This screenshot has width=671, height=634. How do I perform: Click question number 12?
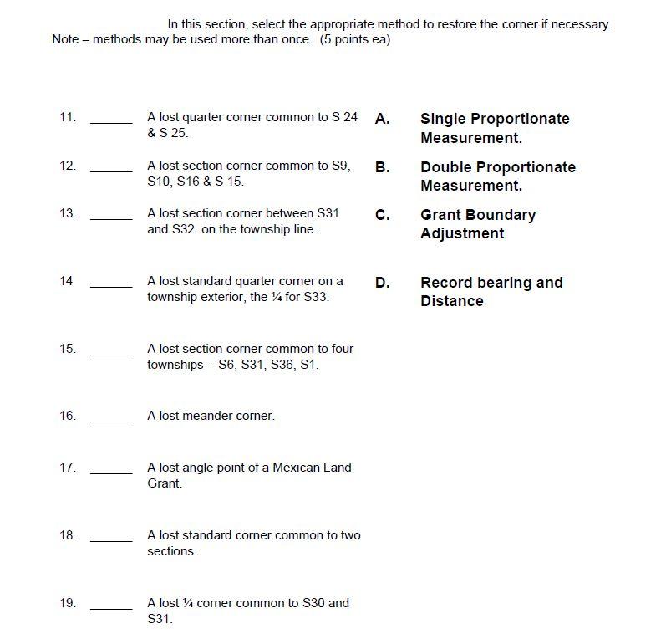pyautogui.click(x=68, y=166)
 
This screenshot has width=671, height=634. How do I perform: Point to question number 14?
pyautogui.click(x=66, y=281)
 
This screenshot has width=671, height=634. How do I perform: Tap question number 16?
pyautogui.click(x=68, y=416)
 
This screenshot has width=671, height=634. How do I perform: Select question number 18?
pyautogui.click(x=68, y=535)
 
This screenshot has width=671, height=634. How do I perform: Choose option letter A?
pyautogui.click(x=382, y=119)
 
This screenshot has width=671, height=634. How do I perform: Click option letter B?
pyautogui.click(x=382, y=167)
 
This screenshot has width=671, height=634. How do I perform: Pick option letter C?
pyautogui.click(x=382, y=215)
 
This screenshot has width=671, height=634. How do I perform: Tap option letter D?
pyautogui.click(x=382, y=283)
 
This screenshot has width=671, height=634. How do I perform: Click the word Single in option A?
pyautogui.click(x=443, y=120)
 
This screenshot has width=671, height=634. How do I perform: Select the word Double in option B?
pyautogui.click(x=446, y=167)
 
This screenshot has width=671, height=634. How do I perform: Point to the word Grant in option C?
pyautogui.click(x=440, y=215)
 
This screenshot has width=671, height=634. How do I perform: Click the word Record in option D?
pyautogui.click(x=446, y=283)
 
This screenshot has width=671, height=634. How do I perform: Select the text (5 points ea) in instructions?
pyautogui.click(x=355, y=39)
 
